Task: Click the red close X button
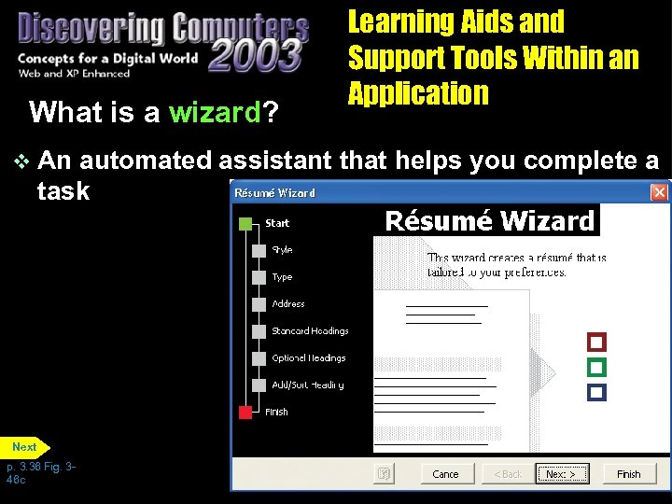pyautogui.click(x=659, y=192)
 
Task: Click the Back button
pyautogui.click(x=508, y=473)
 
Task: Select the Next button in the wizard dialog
pyautogui.click(x=563, y=473)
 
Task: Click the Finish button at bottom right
pyautogui.click(x=629, y=473)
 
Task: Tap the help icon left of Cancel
pyautogui.click(x=383, y=473)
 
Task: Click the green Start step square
pyautogui.click(x=245, y=224)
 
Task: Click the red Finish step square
pyautogui.click(x=245, y=412)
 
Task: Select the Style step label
pyautogui.click(x=282, y=250)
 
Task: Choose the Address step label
pyautogui.click(x=288, y=304)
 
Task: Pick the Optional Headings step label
pyautogui.click(x=309, y=358)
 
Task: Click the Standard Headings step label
pyautogui.click(x=310, y=331)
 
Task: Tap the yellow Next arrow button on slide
pyautogui.click(x=25, y=447)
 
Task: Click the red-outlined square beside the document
pyautogui.click(x=597, y=342)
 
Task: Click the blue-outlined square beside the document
pyautogui.click(x=597, y=392)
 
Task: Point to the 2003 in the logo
pyautogui.click(x=254, y=54)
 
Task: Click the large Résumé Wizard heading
pyautogui.click(x=490, y=221)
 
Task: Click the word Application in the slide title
pyautogui.click(x=418, y=93)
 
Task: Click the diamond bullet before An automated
pyautogui.click(x=23, y=161)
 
